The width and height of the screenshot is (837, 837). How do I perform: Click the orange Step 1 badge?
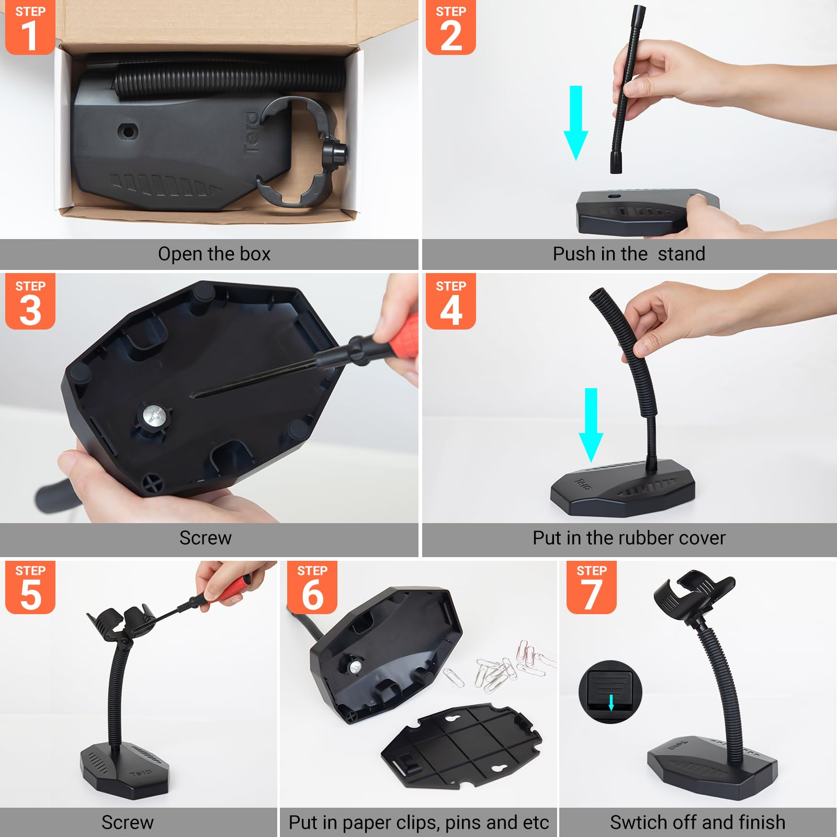30,27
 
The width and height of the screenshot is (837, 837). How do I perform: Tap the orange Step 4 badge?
450,301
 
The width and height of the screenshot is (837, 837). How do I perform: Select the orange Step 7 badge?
591,587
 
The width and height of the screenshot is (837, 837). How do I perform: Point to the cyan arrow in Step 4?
591,424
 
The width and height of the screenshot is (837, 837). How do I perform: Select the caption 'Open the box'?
214,254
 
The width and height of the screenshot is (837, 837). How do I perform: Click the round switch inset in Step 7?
610,692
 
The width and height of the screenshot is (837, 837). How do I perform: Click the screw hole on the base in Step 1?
127,131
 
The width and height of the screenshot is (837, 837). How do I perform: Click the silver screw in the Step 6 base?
355,667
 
